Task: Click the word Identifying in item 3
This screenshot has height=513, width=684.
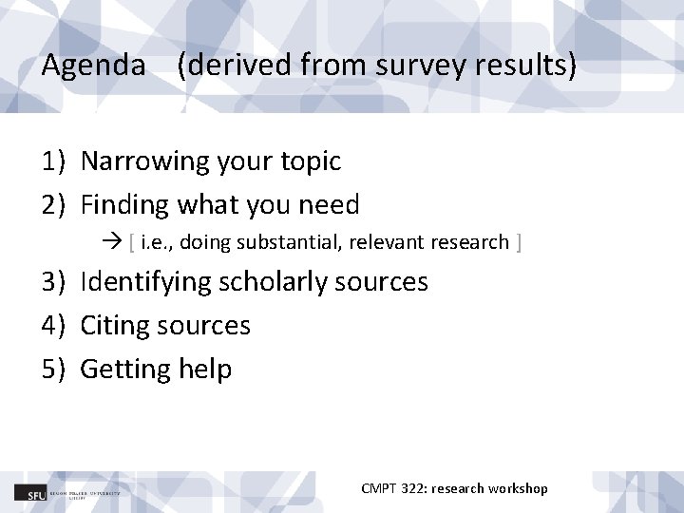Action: coord(146,282)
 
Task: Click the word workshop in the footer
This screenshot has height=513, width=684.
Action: coord(518,488)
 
